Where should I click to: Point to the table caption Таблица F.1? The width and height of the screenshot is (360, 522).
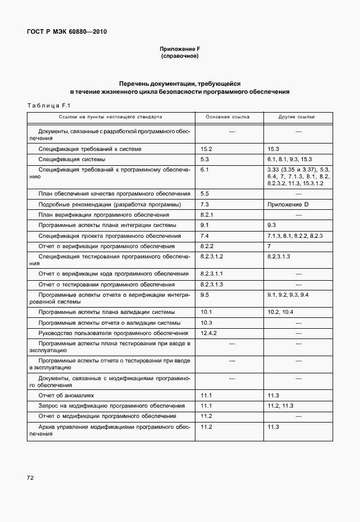coord(49,105)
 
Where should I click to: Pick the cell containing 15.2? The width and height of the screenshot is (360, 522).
coord(207,149)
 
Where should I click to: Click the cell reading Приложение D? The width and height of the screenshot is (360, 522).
coord(287,204)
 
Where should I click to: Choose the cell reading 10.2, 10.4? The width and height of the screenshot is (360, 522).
coord(280,312)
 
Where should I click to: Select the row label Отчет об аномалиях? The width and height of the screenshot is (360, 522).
coord(66,395)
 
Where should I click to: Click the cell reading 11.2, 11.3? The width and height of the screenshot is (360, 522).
coord(280,405)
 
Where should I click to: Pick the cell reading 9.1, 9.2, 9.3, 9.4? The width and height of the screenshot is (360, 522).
coord(287,294)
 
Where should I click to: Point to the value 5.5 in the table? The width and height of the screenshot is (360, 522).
coord(205,194)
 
